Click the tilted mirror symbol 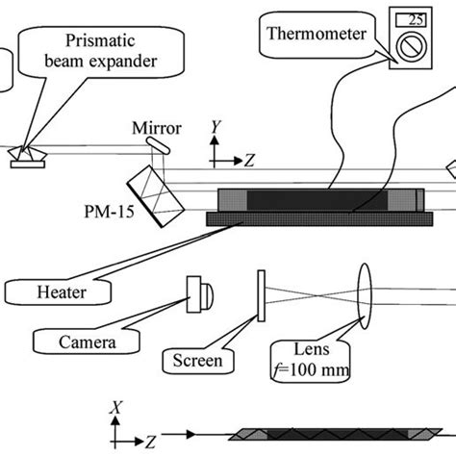[x=159, y=144]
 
